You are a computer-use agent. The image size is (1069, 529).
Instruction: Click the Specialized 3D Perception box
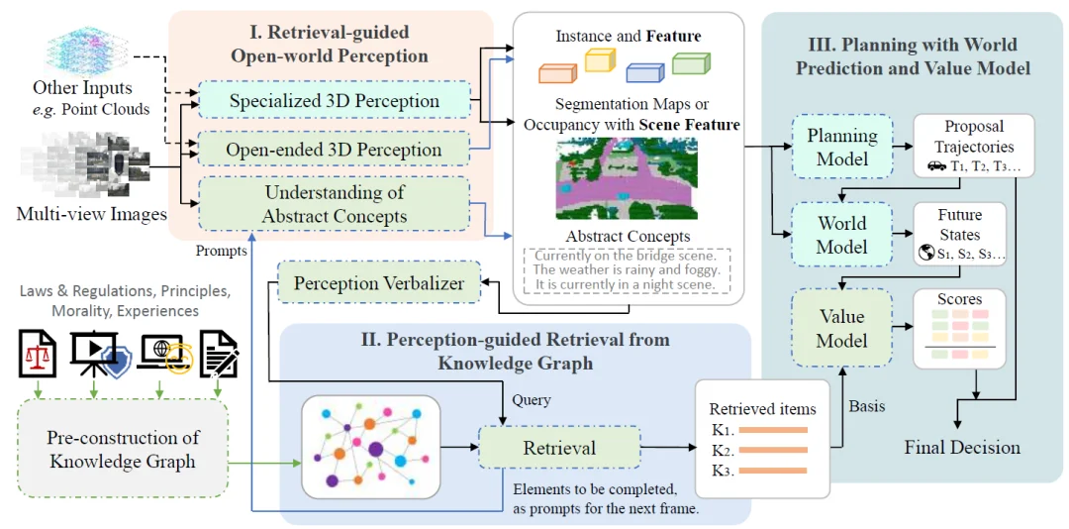[x=334, y=101]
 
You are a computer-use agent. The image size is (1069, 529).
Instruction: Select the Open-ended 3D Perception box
[x=334, y=150]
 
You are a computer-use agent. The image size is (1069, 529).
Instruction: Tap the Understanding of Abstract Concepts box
[x=334, y=204]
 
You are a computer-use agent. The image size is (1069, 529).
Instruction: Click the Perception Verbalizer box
[x=378, y=283]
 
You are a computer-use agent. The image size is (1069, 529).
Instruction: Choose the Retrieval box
[x=559, y=448]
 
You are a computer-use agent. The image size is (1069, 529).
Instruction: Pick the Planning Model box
[x=842, y=147]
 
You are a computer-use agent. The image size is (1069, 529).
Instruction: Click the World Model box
[x=842, y=235]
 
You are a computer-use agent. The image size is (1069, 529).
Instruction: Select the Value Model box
[x=842, y=329]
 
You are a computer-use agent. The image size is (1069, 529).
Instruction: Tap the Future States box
[x=959, y=234]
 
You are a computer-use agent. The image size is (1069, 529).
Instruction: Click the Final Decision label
[x=961, y=448]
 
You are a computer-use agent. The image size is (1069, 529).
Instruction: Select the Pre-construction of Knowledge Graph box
[x=123, y=449]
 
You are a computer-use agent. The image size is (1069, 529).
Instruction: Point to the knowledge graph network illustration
[x=370, y=446]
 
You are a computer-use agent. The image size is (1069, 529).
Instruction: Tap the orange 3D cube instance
[x=556, y=72]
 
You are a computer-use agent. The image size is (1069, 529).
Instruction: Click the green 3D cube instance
[x=691, y=64]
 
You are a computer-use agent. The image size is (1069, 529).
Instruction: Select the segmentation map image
[x=627, y=178]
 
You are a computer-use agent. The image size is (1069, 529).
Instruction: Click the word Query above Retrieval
[x=532, y=401]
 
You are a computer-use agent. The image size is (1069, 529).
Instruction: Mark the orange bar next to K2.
[x=773, y=450]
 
